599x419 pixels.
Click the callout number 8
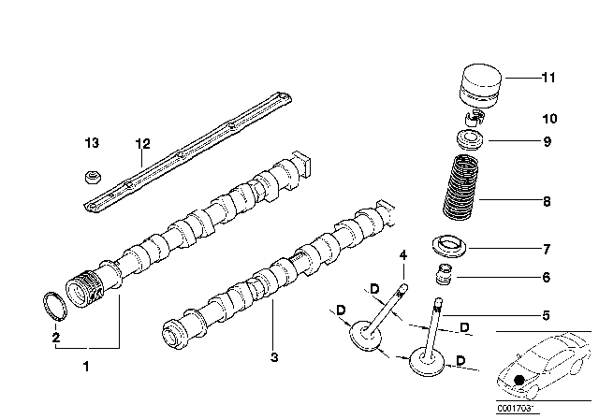pos(547,201)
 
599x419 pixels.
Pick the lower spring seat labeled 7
pos(451,250)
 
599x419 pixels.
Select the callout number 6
pos(547,278)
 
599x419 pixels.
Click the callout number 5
pos(547,315)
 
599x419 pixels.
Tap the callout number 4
pos(403,254)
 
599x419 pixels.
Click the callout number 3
pos(274,356)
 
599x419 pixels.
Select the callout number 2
pos(56,337)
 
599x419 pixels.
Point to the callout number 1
pos(87,366)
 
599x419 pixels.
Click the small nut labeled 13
pos(90,176)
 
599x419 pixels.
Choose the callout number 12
pos(142,143)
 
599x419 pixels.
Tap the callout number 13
pos(90,143)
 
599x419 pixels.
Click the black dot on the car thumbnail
pos(519,379)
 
